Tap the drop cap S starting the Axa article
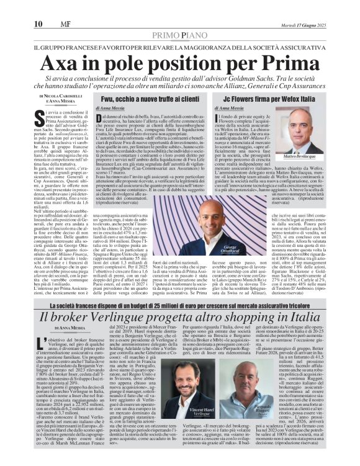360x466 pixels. (41, 114)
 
